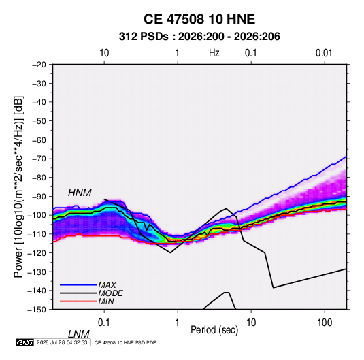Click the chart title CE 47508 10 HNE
pyautogui.click(x=199, y=19)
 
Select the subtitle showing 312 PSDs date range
pyautogui.click(x=199, y=37)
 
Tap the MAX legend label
pyautogui.click(x=107, y=285)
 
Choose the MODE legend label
pyautogui.click(x=110, y=293)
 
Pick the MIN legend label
pyautogui.click(x=106, y=301)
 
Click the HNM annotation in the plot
pyautogui.click(x=80, y=193)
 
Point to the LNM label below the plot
pyautogui.click(x=79, y=334)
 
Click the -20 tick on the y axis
pyautogui.click(x=39, y=65)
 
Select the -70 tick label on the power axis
pyautogui.click(x=39, y=159)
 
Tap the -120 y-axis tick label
pyautogui.click(x=37, y=252)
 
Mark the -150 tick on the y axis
pyautogui.click(x=37, y=310)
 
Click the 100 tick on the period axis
pyautogui.click(x=325, y=323)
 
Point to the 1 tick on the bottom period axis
pyautogui.click(x=178, y=323)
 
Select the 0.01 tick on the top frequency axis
pyautogui.click(x=324, y=53)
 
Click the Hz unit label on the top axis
pyautogui.click(x=214, y=53)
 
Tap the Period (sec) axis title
pyautogui.click(x=214, y=330)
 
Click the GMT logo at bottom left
pyautogui.click(x=24, y=342)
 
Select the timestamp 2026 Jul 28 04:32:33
pyautogui.click(x=62, y=342)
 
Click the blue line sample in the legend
pyautogui.click(x=78, y=285)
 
